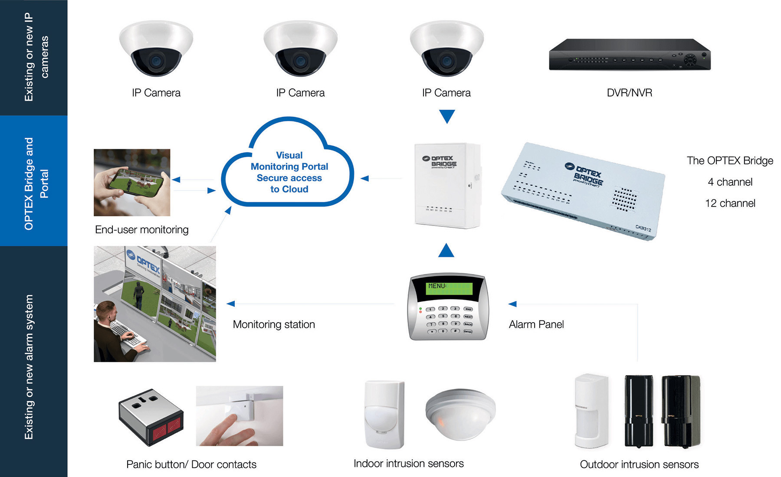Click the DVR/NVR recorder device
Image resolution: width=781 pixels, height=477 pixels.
629,56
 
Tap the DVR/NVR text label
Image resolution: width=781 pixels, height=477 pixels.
629,93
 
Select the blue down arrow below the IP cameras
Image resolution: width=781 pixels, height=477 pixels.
446,116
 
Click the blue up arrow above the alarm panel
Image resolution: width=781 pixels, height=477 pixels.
446,251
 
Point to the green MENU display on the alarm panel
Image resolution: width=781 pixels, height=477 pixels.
449,288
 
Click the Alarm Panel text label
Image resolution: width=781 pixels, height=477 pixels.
536,324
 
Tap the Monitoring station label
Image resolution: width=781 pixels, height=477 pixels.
274,324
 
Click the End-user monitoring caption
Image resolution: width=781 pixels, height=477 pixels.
141,230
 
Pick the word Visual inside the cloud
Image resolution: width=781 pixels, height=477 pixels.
289,155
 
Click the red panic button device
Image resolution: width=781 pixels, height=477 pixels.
151,417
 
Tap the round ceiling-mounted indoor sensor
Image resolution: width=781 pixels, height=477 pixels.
460,412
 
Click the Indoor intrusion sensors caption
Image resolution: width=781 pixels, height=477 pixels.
408,464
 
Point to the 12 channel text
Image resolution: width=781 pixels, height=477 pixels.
730,203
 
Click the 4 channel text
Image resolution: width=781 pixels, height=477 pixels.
730,182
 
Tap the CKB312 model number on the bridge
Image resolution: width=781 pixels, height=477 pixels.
643,228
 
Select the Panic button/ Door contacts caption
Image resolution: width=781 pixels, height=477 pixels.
191,464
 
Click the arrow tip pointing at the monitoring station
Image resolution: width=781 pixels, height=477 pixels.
230,304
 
